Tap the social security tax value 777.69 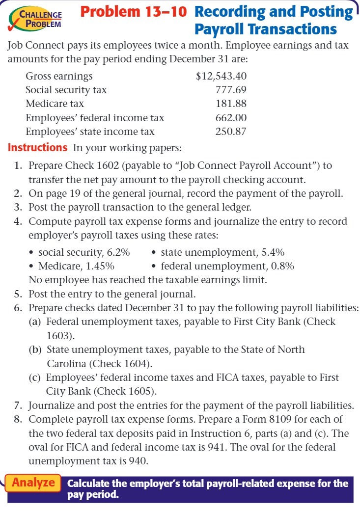coord(231,90)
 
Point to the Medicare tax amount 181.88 coord(231,104)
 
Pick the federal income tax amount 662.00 coord(231,118)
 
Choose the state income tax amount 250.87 coord(231,132)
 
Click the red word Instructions coord(38,147)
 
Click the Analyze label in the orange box coord(33,483)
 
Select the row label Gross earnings coord(59,76)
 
